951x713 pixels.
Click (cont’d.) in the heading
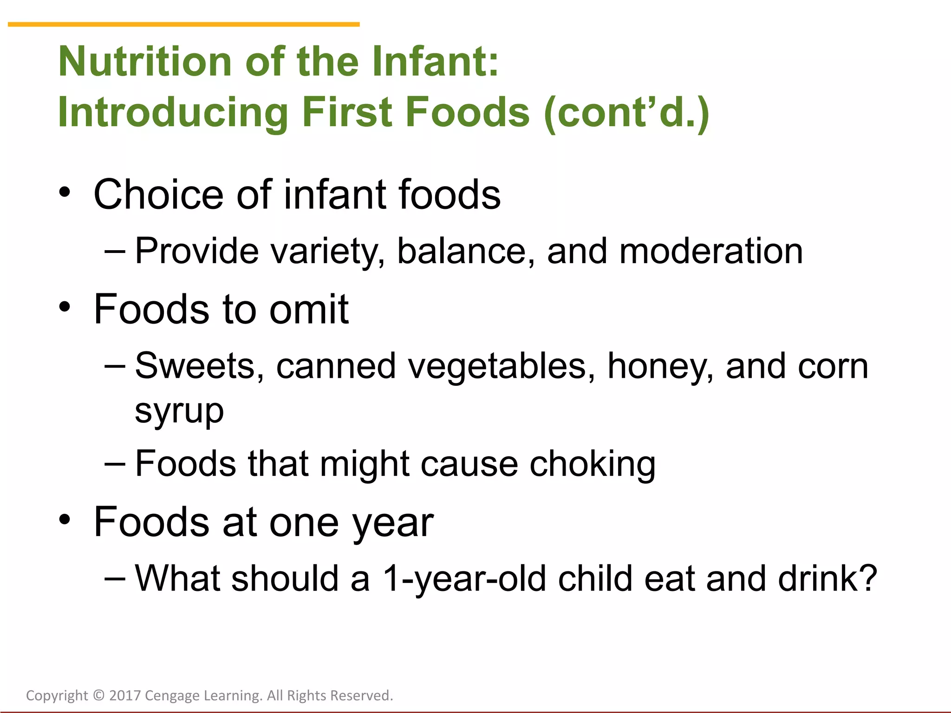pyautogui.click(x=626, y=112)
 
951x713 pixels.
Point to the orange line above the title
pyautogui.click(x=183, y=24)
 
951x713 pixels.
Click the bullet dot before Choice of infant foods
pyautogui.click(x=65, y=193)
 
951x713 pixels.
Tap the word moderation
pyautogui.click(x=711, y=251)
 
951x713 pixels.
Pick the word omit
pyautogui.click(x=309, y=309)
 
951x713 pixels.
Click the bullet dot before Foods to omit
pyautogui.click(x=65, y=307)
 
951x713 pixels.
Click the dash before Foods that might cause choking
pyautogui.click(x=115, y=463)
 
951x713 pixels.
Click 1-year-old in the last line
pyautogui.click(x=464, y=579)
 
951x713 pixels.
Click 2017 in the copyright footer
pyautogui.click(x=124, y=695)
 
